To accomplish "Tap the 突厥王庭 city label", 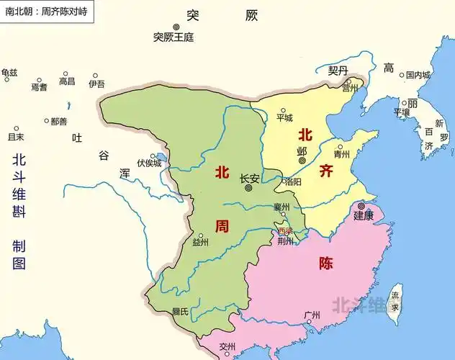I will click(174, 37).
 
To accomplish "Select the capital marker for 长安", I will click(248, 188).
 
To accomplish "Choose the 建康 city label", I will click(364, 215).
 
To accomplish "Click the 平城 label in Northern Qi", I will click(284, 117).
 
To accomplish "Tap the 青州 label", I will click(342, 154).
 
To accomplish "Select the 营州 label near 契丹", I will click(350, 88).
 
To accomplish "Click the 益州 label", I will click(200, 243).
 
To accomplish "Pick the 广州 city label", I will click(312, 315).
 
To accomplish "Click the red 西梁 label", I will click(286, 230).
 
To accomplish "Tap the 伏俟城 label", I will click(149, 163).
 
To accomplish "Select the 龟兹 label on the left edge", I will click(9, 72).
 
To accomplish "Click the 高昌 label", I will click(66, 81).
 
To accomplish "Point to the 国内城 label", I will click(418, 74).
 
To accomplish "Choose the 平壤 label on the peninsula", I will click(401, 112).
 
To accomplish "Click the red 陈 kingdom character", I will click(325, 263).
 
